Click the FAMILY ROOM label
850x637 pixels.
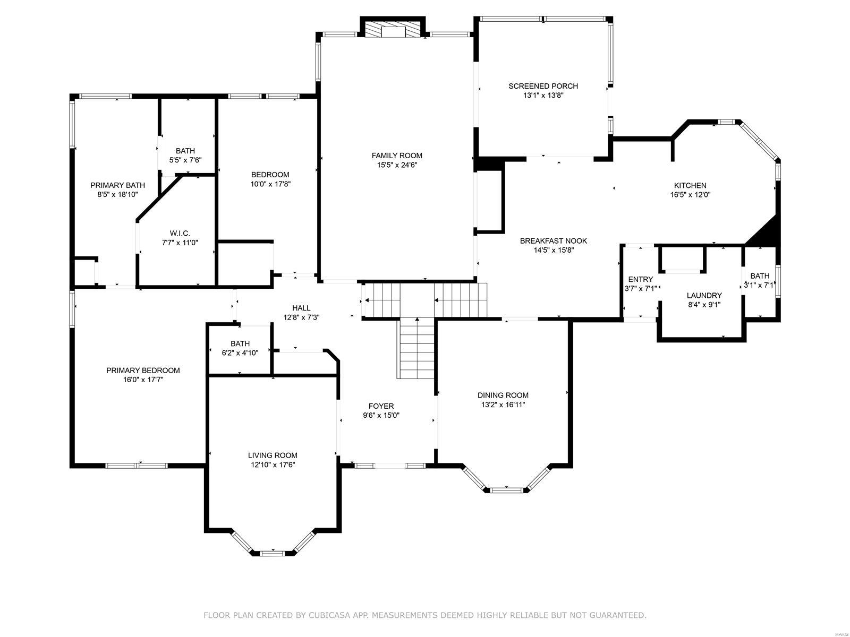tap(396, 156)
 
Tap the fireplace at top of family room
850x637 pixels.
tap(393, 30)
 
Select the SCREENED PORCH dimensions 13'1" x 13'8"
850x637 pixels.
tap(543, 96)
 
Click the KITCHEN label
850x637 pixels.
tap(690, 185)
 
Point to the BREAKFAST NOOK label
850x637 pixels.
tap(553, 240)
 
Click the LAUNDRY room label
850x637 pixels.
tap(704, 295)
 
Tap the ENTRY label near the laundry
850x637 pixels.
tap(640, 279)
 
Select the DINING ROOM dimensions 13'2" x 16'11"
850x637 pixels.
tap(503, 404)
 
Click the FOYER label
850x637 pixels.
tap(381, 406)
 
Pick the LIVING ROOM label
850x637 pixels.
tap(273, 455)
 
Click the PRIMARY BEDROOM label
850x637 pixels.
tap(143, 370)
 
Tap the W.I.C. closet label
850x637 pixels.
tap(180, 233)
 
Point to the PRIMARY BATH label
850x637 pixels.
tap(117, 185)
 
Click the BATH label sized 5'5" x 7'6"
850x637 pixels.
tap(185, 151)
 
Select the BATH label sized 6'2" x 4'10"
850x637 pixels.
tap(240, 343)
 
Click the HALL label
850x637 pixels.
tap(301, 308)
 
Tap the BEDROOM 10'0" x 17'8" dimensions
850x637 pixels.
tap(270, 184)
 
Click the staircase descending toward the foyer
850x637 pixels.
tap(417, 348)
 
